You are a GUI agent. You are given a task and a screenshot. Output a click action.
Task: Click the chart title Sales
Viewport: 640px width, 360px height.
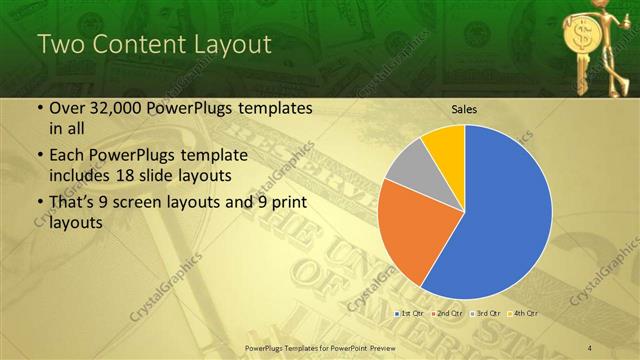pyautogui.click(x=464, y=107)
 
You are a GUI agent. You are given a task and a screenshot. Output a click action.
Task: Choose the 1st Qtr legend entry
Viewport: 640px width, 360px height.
pyautogui.click(x=411, y=314)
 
